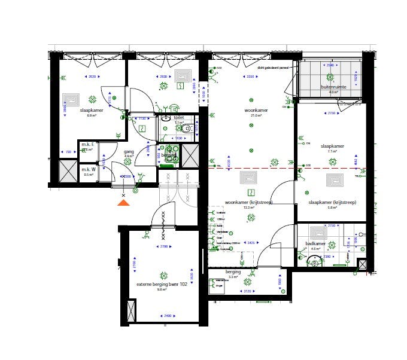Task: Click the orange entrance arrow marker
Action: pos(123,203)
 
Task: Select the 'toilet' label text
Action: pos(178,118)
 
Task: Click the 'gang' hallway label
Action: pos(129,152)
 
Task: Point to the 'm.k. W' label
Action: pos(89,170)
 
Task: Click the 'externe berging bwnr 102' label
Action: pos(162,284)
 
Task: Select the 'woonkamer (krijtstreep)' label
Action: pos(248,202)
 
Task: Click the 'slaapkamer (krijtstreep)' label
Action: pos(332,202)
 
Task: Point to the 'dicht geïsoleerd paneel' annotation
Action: pos(274,68)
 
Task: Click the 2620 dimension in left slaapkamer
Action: pos(92,77)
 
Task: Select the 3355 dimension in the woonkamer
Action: pos(250,77)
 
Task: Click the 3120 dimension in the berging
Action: pos(247,291)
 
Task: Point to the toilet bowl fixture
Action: pos(187,129)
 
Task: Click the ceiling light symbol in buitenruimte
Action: pos(329,77)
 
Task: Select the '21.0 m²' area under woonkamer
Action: pos(256,115)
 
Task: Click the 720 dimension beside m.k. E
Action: pos(68,152)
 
